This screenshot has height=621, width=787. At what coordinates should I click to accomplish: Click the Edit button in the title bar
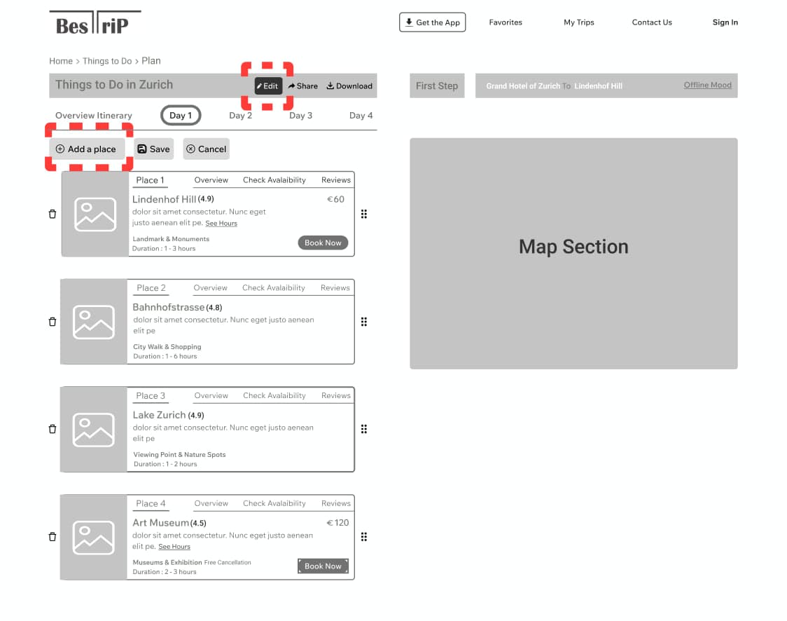(x=268, y=86)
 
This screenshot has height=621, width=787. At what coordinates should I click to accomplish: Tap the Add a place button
(x=87, y=149)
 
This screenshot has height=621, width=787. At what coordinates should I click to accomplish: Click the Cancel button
(x=207, y=149)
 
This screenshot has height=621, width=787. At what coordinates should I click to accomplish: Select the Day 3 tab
(x=300, y=116)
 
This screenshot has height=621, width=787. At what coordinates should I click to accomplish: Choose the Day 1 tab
(x=181, y=116)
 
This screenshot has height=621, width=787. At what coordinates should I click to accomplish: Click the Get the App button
(x=433, y=22)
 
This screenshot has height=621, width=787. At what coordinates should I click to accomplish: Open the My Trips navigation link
(x=579, y=22)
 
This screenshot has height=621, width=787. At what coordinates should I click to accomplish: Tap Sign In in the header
(x=725, y=22)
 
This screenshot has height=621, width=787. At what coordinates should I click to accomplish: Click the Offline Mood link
(x=708, y=85)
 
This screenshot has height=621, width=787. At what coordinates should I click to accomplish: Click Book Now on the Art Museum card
(x=323, y=566)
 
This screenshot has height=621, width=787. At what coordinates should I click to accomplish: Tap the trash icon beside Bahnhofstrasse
(x=53, y=322)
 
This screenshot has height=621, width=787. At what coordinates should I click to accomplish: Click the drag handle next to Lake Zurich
(x=364, y=429)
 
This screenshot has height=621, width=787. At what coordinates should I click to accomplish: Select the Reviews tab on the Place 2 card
(x=335, y=288)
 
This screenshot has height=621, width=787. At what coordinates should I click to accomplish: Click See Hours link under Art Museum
(x=174, y=547)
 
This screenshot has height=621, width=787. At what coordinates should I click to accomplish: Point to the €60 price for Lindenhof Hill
(x=335, y=200)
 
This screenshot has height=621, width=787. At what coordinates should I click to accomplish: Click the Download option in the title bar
(x=349, y=86)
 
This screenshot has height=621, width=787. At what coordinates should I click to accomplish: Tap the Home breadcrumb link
(x=61, y=61)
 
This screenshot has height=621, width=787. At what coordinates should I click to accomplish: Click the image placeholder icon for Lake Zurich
(x=94, y=430)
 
